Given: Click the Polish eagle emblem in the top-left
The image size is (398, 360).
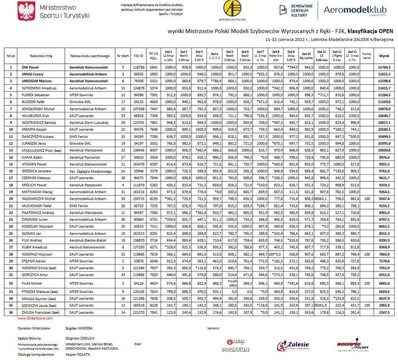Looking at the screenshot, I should [24, 11].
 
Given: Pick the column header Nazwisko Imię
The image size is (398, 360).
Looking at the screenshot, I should [41, 55].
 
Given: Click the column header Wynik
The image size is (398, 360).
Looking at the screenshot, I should [384, 55].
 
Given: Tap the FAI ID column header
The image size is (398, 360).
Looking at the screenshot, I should [138, 55].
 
